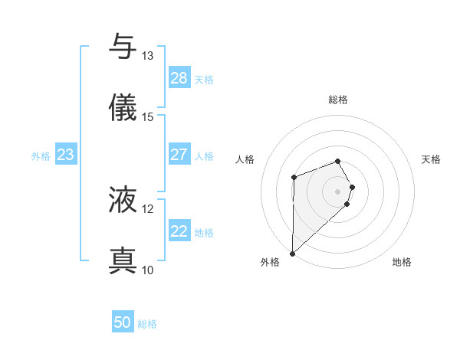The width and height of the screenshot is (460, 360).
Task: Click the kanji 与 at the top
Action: [x=123, y=47]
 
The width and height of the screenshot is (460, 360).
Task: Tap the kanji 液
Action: [x=123, y=200]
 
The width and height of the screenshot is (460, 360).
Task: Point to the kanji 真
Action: [x=123, y=261]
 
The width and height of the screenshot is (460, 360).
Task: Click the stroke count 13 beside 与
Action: [x=148, y=55]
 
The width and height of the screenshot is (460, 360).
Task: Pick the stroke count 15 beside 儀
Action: [x=148, y=116]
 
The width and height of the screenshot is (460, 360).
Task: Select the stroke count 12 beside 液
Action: [x=148, y=208]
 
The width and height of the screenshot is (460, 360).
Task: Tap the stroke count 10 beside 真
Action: [x=148, y=270]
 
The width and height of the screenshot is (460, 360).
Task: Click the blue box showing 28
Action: [x=179, y=78]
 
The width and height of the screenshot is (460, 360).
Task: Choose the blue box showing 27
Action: [x=179, y=155]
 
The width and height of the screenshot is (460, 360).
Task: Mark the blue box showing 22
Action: [x=179, y=231]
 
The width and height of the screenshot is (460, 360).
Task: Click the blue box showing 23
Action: [x=66, y=155]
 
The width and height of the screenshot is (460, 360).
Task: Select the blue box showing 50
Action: [x=123, y=322]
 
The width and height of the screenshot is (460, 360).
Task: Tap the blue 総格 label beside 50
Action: [x=147, y=324]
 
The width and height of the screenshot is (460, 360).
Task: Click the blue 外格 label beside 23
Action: [x=41, y=156]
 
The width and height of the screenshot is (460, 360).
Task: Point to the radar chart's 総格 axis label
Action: [x=338, y=100]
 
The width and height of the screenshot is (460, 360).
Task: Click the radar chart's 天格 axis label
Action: [x=432, y=159]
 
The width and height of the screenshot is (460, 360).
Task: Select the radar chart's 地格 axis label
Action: [x=402, y=263]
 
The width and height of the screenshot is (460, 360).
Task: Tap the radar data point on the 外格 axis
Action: [x=292, y=254]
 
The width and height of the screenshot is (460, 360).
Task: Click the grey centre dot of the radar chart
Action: [x=338, y=190]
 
